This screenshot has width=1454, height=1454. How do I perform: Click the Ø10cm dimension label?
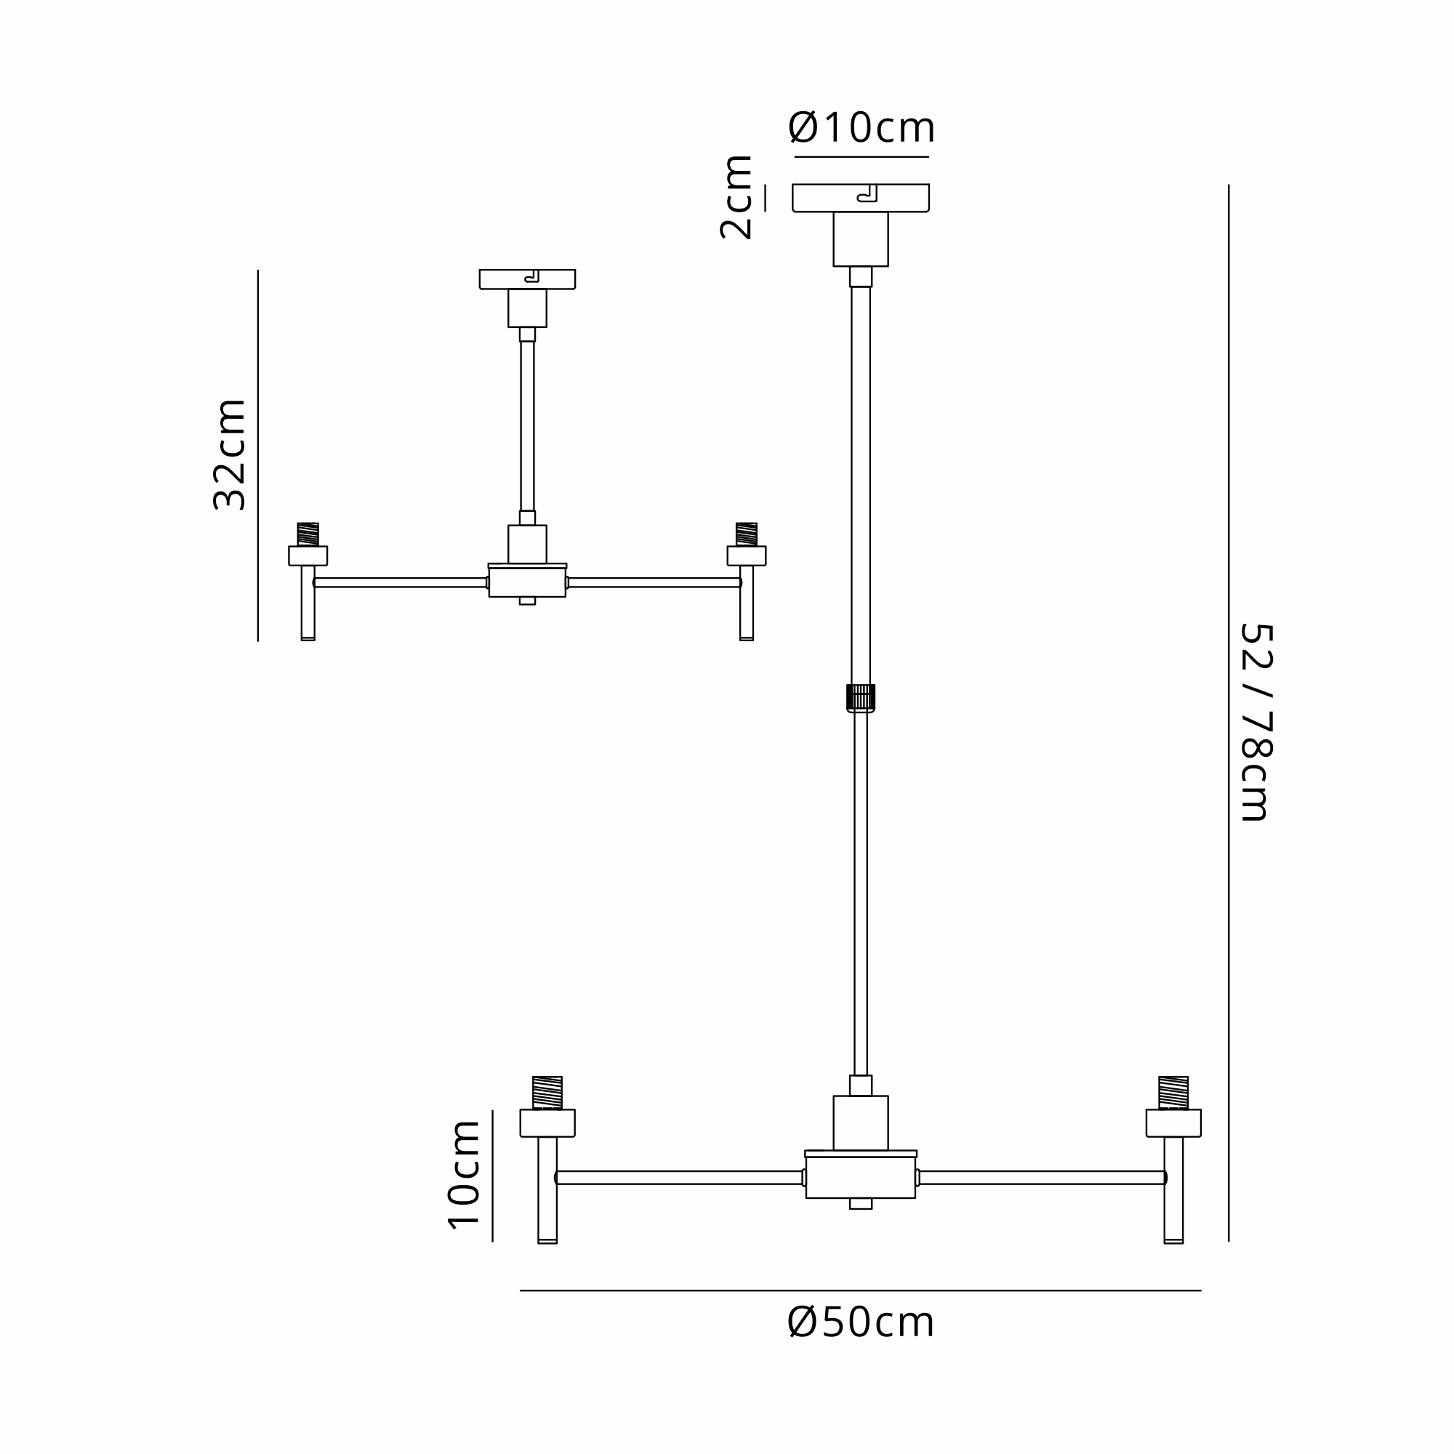click(861, 128)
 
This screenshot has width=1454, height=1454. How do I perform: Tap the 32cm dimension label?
click(230, 455)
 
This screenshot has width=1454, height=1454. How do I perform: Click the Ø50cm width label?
click(861, 1322)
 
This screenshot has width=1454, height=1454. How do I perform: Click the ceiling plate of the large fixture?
click(861, 198)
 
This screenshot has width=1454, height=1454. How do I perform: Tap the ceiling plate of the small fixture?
click(528, 279)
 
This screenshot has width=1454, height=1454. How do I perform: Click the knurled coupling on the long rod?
click(861, 698)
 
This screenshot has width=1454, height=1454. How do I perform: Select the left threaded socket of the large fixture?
click(547, 1093)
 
